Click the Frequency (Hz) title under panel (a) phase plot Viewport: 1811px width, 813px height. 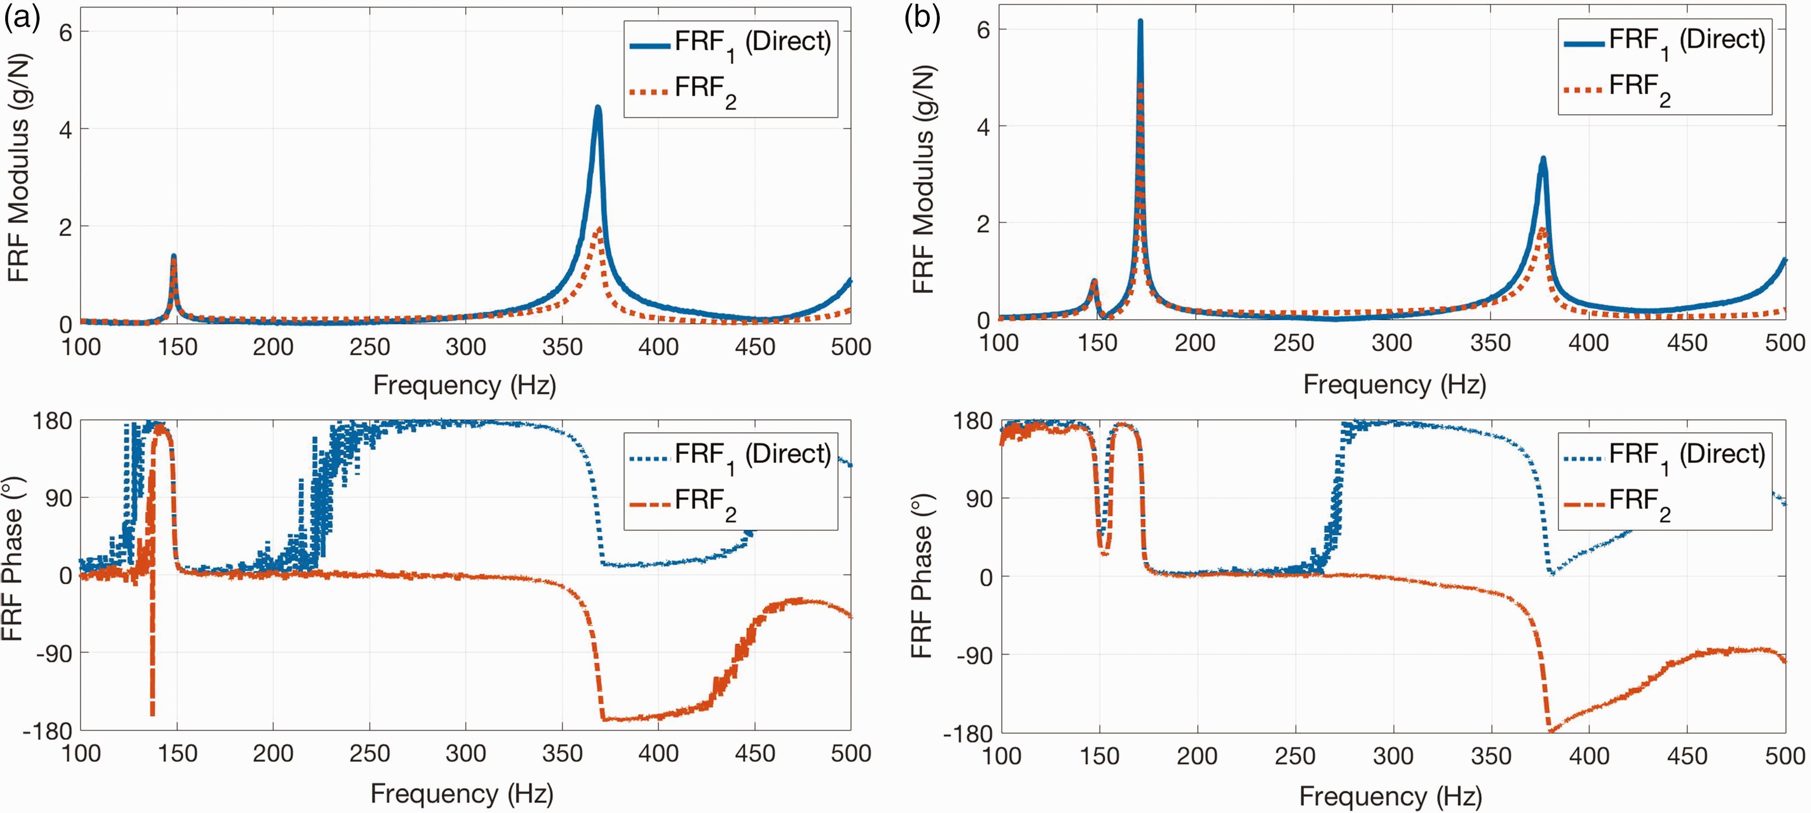point(462,793)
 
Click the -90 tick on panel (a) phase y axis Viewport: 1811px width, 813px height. point(51,653)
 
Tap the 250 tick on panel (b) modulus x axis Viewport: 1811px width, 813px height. point(1293,343)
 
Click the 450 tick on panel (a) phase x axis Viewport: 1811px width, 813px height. point(755,754)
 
